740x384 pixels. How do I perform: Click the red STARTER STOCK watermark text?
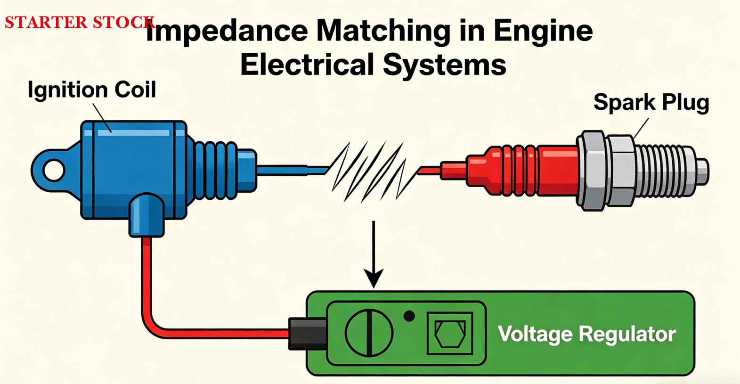point(79,22)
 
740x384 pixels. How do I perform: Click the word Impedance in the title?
point(227,31)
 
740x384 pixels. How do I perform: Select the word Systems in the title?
point(444,65)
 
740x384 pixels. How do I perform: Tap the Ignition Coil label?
point(91,90)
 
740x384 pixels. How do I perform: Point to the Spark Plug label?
point(651,102)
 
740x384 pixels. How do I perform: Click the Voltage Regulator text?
point(586,334)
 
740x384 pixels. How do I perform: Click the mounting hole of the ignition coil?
point(54,170)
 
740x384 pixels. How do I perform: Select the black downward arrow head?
point(374,278)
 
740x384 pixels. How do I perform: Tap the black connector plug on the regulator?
point(308,334)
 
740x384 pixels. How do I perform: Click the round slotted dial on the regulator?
point(369,333)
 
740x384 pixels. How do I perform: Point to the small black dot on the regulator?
point(409,316)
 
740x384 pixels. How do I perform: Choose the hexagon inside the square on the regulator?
point(450,334)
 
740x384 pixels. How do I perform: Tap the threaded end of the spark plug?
point(664,171)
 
